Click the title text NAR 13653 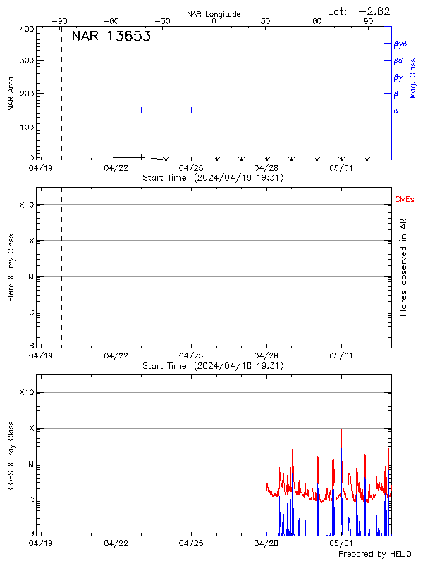(x=111, y=37)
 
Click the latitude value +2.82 (x=374, y=11)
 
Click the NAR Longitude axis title (x=214, y=14)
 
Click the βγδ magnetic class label (x=400, y=44)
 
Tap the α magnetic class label (x=396, y=110)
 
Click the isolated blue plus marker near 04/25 (x=191, y=110)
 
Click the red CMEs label (x=405, y=200)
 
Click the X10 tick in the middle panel (x=27, y=205)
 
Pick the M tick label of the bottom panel (x=30, y=464)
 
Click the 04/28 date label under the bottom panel (x=266, y=543)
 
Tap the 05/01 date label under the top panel (x=341, y=168)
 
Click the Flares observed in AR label (x=403, y=268)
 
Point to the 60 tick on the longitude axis (x=317, y=21)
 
